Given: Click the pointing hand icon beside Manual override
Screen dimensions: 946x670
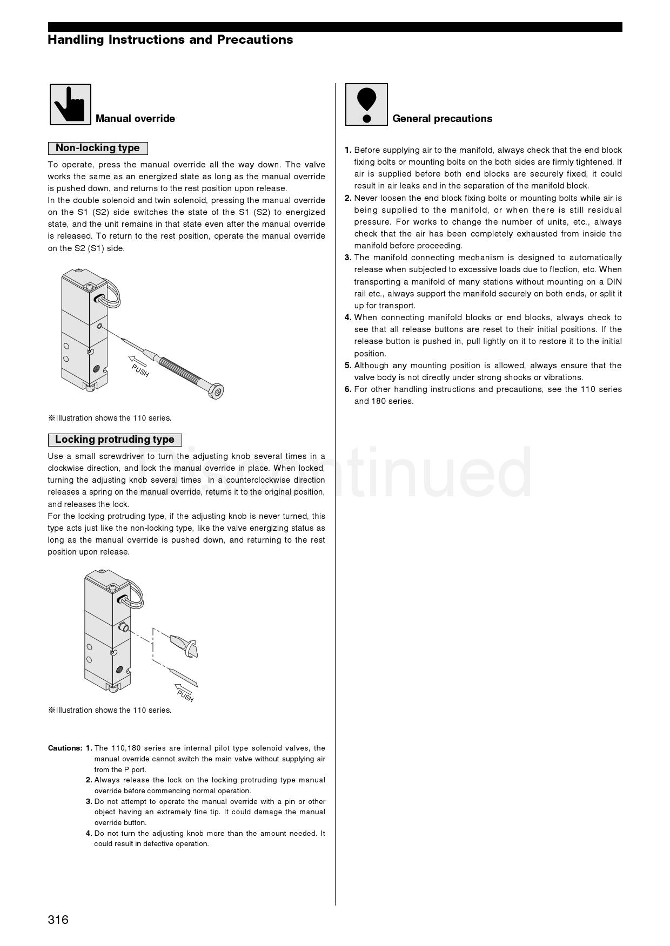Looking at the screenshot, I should click(70, 104).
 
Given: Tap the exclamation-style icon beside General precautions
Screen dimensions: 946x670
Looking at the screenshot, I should click(366, 104).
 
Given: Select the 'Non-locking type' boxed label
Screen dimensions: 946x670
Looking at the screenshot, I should click(98, 148).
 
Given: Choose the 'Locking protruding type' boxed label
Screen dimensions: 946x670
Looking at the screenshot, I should click(115, 440).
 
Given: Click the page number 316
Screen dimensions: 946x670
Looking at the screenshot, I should click(58, 920).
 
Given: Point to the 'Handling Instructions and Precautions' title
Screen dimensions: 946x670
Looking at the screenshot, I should click(170, 39).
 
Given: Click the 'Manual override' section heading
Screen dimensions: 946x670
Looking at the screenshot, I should click(135, 119).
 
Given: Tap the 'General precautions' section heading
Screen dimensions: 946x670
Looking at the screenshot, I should click(442, 119).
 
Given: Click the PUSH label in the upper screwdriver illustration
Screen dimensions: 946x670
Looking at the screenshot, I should click(140, 370).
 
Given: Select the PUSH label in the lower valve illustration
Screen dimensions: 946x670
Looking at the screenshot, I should click(185, 697).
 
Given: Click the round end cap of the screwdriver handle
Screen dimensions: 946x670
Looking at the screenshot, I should click(217, 391).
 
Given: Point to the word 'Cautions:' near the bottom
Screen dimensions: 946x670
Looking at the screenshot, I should click(65, 748).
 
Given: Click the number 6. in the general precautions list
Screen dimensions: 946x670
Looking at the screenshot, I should click(348, 389).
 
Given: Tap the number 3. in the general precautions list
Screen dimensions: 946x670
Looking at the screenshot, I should click(348, 258).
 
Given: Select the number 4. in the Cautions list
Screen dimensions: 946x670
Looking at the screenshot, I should click(89, 834).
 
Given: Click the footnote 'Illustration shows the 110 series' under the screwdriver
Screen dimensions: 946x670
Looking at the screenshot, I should click(110, 418).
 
